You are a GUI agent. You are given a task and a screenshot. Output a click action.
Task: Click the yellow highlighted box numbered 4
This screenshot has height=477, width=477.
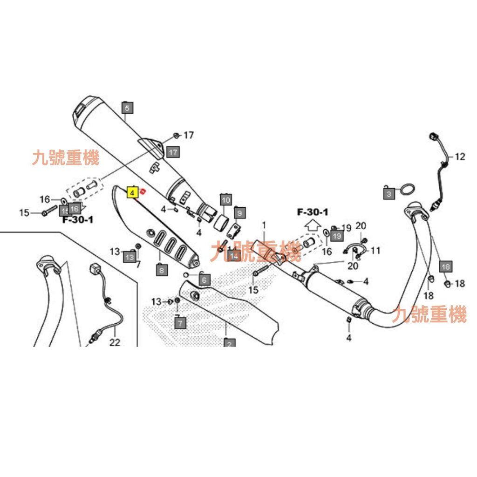[x=132, y=191]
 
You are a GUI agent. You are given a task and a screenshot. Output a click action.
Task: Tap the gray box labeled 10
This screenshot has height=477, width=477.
[x=225, y=200]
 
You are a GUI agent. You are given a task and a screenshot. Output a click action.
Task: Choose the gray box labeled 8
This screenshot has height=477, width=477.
[x=161, y=269]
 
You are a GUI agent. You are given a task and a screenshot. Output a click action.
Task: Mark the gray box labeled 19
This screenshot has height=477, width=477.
[x=336, y=236]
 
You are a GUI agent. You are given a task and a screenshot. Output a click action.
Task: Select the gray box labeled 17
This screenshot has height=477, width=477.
[x=173, y=152]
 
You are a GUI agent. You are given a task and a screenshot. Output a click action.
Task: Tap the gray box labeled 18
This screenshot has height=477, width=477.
[x=446, y=266]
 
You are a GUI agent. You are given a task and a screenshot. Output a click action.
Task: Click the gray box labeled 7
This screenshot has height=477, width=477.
[x=180, y=322]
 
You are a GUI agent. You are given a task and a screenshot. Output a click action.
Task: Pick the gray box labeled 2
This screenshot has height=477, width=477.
[x=229, y=344]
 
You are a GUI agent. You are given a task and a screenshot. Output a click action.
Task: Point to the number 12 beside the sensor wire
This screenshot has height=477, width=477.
[x=460, y=157]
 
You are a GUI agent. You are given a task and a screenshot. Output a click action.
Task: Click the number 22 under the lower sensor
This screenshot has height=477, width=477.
[x=115, y=342]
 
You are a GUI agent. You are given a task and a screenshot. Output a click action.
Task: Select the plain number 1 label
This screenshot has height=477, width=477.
[x=264, y=225]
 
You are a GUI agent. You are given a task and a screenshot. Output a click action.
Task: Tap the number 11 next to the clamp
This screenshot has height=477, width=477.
[x=375, y=251]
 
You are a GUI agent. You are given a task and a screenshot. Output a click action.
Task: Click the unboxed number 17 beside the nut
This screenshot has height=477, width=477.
[x=188, y=136]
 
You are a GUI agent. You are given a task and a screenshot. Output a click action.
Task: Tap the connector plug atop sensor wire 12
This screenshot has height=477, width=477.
[x=434, y=136]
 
